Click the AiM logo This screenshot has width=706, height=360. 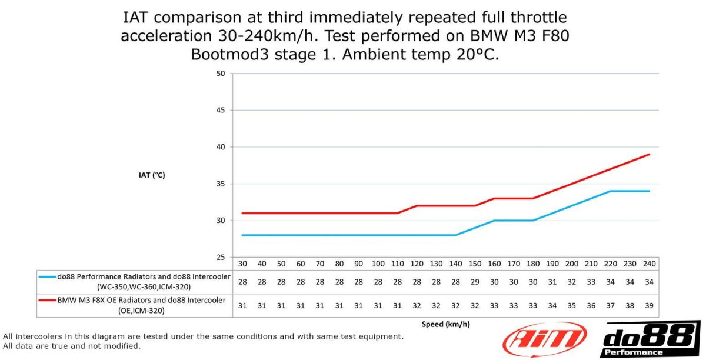coord(544,339)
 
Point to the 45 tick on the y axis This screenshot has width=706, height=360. coord(221,110)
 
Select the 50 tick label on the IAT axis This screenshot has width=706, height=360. coord(221,74)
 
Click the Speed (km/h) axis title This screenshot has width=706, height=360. coord(445,324)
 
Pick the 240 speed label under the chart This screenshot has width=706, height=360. coord(649,264)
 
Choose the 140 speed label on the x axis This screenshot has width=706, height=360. coord(455,264)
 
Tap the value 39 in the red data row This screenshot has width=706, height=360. coord(649,306)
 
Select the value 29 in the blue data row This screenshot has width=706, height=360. coord(475,282)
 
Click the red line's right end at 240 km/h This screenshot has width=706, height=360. coord(649,154)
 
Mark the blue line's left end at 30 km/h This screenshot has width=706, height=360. coord(242,235)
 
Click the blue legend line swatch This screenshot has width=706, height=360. coord(48,276)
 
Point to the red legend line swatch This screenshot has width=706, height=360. coord(48,300)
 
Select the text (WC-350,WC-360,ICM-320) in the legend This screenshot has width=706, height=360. coord(135,286)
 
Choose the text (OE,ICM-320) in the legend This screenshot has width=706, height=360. coord(135,311)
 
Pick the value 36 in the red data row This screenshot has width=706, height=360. coord(591,306)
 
